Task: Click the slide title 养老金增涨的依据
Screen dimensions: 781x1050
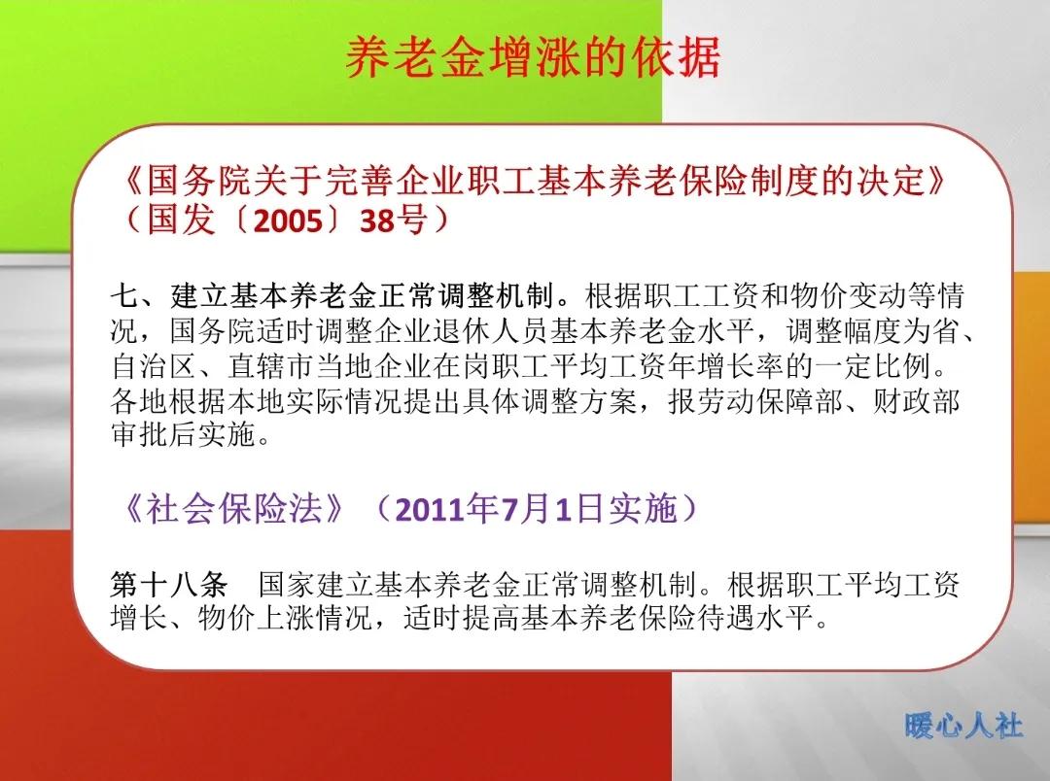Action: point(533,57)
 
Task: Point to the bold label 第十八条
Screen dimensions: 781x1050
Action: point(169,585)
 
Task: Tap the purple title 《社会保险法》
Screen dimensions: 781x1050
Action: point(234,509)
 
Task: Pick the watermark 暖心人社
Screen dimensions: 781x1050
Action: point(962,725)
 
